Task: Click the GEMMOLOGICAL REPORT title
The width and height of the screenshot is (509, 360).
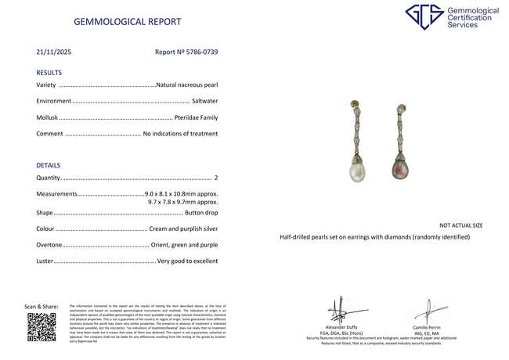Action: pyautogui.click(x=127, y=22)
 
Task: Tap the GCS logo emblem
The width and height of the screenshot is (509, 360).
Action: pyautogui.click(x=424, y=18)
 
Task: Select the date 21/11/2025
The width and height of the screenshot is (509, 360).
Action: pyautogui.click(x=53, y=52)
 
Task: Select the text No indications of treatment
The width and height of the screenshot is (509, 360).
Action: pyautogui.click(x=180, y=134)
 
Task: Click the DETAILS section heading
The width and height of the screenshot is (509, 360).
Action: pyautogui.click(x=49, y=165)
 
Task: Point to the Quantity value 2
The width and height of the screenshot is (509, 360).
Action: pyautogui.click(x=215, y=178)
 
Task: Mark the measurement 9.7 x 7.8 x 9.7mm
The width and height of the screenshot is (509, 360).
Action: pyautogui.click(x=183, y=202)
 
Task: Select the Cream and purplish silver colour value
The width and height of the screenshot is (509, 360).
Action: pyautogui.click(x=183, y=229)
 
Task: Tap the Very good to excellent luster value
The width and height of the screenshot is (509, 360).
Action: pyautogui.click(x=187, y=261)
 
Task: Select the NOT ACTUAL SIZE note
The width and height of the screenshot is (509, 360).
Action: pyautogui.click(x=460, y=225)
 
